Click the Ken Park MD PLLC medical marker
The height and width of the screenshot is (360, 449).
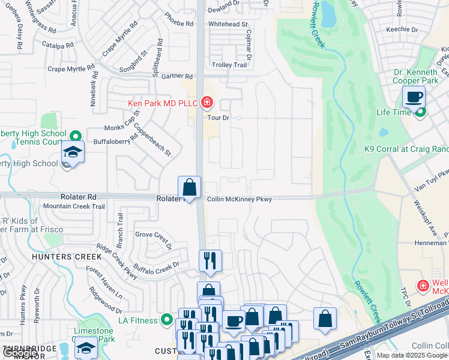point(207,103)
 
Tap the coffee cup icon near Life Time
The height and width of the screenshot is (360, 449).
point(414,97)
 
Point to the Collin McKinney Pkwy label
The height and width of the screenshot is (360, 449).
point(240,200)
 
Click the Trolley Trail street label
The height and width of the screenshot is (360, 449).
point(229,65)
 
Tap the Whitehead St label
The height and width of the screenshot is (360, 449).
point(228,24)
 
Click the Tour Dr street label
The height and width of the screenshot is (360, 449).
point(218,118)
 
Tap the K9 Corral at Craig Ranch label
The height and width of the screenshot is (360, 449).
point(406,149)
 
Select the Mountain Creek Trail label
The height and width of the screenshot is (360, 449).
point(74,206)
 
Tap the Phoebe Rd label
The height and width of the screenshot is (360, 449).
point(182,24)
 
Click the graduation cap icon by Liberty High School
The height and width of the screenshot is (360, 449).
point(72,154)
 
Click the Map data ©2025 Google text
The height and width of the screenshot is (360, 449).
point(412,355)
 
